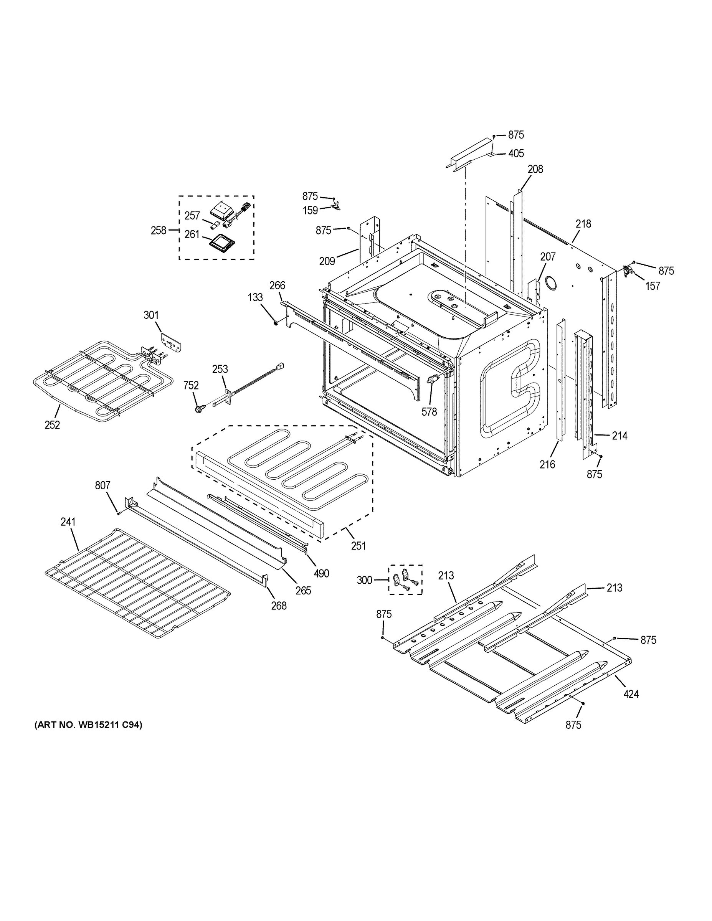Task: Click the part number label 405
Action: tap(516, 153)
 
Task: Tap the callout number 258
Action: tap(159, 231)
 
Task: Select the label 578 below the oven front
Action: tap(429, 412)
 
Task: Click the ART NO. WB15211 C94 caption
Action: tap(88, 725)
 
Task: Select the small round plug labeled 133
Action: tap(276, 323)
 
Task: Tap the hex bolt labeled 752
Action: tap(198, 408)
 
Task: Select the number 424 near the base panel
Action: tap(631, 694)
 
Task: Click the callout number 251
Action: tap(358, 546)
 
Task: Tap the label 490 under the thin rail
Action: tap(321, 573)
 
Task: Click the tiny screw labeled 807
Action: tap(119, 513)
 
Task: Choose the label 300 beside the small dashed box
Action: tap(364, 580)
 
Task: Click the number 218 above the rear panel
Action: tap(584, 224)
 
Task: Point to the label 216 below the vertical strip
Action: tap(547, 464)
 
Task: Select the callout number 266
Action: tap(277, 286)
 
